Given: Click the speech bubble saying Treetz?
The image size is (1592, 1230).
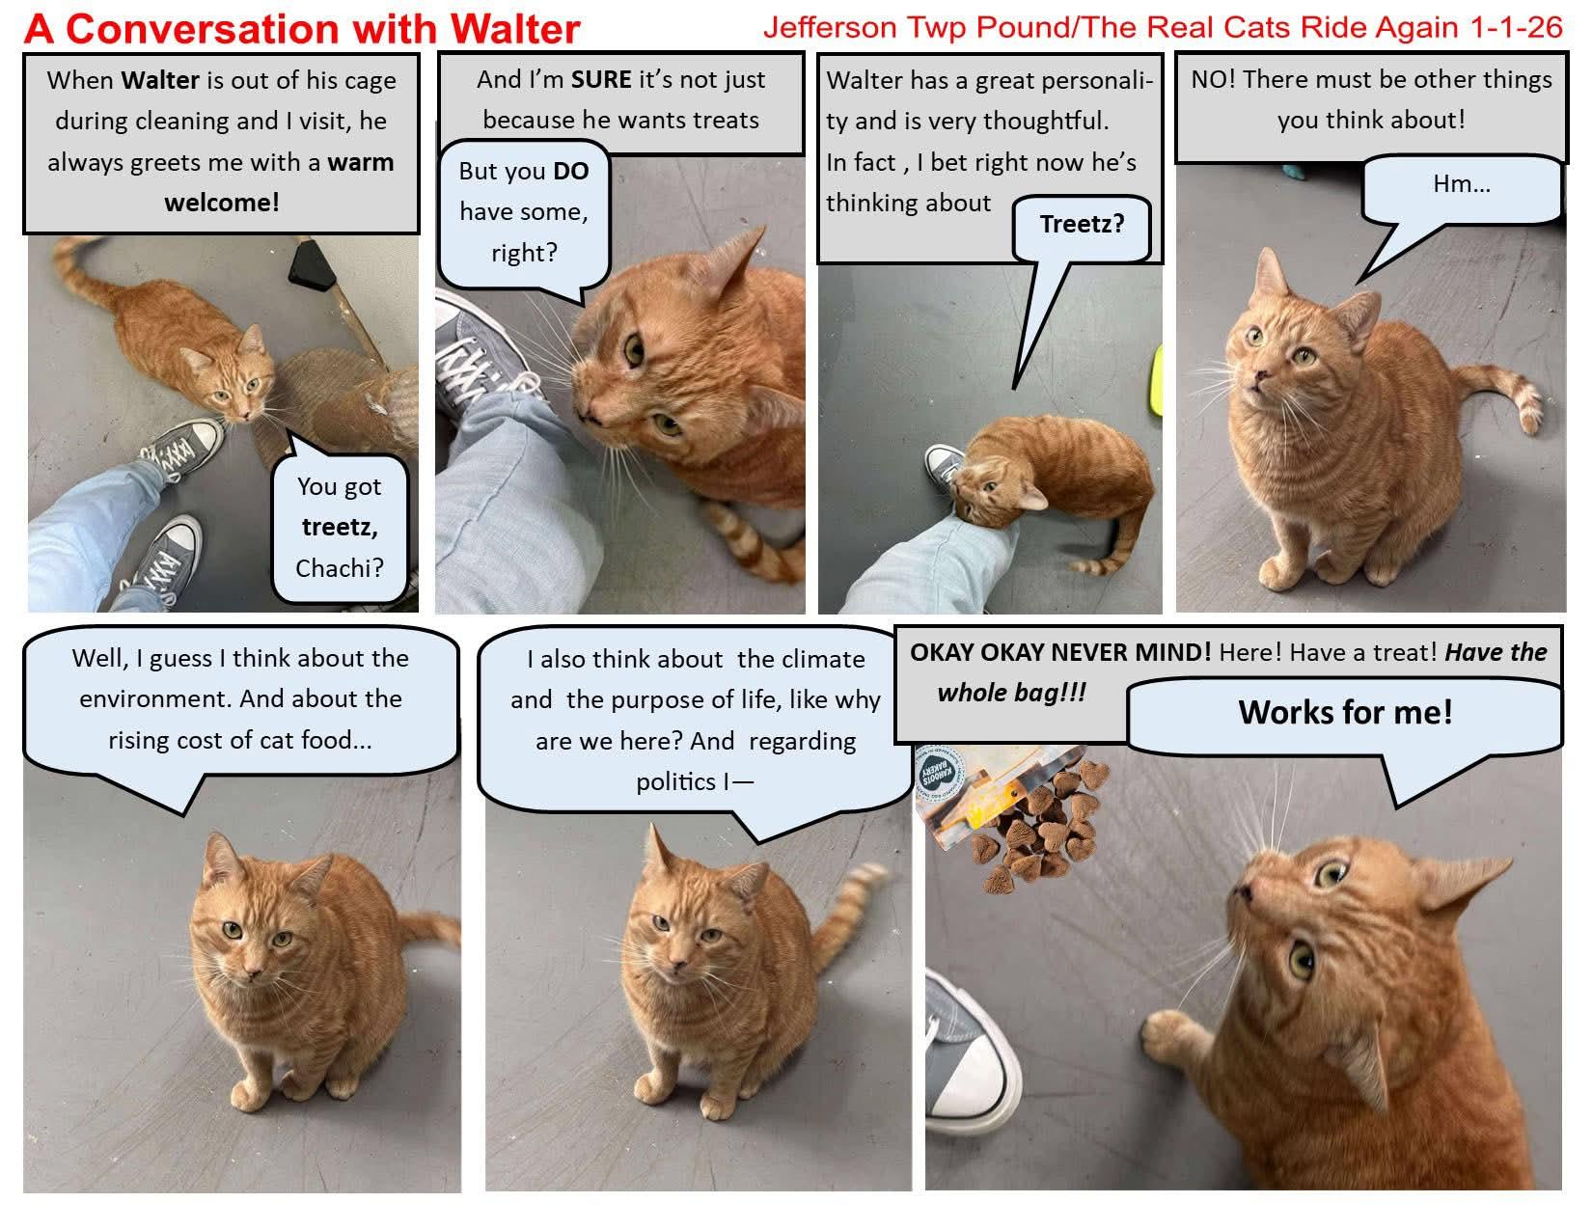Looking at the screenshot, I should click(x=1082, y=226).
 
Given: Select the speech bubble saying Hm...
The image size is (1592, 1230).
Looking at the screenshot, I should click(x=1461, y=185).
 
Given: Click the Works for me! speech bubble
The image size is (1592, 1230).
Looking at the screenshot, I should click(x=1344, y=714).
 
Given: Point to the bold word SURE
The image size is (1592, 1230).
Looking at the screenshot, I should click(x=600, y=79).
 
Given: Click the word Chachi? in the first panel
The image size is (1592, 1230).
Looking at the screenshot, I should click(x=339, y=568).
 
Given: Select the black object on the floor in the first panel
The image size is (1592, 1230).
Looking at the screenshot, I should click(x=312, y=262).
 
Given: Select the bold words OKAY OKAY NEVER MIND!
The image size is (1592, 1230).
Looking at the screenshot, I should click(x=1059, y=652).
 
